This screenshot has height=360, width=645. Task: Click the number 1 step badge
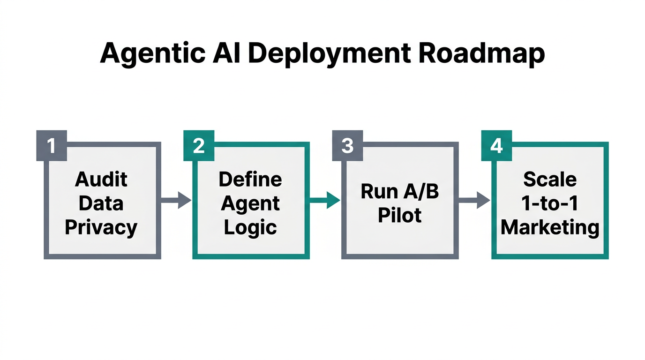pyautogui.click(x=51, y=146)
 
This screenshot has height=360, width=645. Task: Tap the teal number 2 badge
pyautogui.click(x=199, y=146)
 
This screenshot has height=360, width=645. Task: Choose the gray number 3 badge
pyautogui.click(x=347, y=146)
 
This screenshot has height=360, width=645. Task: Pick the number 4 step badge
pyautogui.click(x=496, y=146)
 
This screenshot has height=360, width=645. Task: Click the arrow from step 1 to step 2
pyautogui.click(x=176, y=201)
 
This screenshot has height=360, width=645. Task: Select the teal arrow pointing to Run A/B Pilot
pyautogui.click(x=324, y=201)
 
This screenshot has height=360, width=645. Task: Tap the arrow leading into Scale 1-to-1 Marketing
pyautogui.click(x=474, y=201)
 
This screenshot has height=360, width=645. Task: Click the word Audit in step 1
pyautogui.click(x=102, y=179)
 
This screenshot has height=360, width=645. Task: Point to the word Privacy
pyautogui.click(x=101, y=228)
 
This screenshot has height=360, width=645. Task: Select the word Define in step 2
pyautogui.click(x=250, y=179)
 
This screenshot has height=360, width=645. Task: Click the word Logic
pyautogui.click(x=250, y=228)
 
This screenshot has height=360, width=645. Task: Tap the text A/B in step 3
pyautogui.click(x=420, y=191)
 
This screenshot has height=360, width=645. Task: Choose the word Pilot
pyautogui.click(x=399, y=216)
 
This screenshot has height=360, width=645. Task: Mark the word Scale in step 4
pyautogui.click(x=550, y=179)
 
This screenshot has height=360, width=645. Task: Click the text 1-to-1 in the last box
pyautogui.click(x=550, y=203)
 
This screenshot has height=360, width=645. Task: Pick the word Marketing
pyautogui.click(x=550, y=228)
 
